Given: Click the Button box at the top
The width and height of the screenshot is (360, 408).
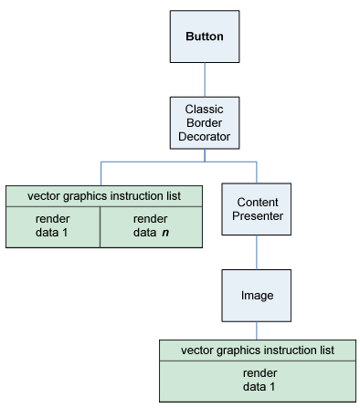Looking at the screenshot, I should (205, 37).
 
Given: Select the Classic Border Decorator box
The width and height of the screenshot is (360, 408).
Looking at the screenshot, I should (205, 123).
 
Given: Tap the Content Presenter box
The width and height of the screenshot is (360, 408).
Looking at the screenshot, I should (257, 210).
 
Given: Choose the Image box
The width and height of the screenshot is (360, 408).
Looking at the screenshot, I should (257, 295).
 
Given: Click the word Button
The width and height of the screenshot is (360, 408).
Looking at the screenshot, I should (205, 37).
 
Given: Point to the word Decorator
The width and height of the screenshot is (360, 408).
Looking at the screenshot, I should (205, 138).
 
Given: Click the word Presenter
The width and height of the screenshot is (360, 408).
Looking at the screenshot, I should (257, 217).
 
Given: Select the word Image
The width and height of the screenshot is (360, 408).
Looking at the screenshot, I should (257, 295).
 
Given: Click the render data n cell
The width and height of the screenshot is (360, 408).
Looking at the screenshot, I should (150, 226).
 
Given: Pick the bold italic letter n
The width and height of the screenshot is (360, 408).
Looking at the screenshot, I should (165, 234).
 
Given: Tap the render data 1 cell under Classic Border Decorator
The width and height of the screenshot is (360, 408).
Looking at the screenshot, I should (52, 226).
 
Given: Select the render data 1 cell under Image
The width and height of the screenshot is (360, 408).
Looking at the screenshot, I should (257, 380).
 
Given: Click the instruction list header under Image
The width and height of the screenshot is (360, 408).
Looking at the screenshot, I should (257, 350).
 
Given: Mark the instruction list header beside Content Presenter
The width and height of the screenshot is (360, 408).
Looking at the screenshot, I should (103, 195).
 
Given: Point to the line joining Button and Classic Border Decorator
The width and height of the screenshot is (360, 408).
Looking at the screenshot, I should (205, 80).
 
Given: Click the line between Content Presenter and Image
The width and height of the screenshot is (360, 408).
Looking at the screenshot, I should (257, 252).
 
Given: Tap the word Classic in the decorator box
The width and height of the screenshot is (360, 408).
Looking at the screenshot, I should (205, 109).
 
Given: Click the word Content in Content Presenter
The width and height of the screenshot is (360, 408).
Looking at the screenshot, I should (257, 203).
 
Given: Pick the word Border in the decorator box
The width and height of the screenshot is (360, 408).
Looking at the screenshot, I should (205, 123).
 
